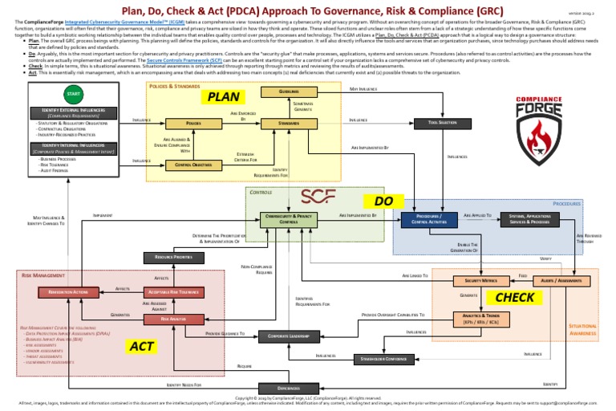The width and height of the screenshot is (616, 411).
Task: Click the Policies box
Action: coord(192,124)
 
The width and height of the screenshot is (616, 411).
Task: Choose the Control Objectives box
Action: coord(192,165)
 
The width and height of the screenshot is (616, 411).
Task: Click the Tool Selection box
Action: coord(444,123)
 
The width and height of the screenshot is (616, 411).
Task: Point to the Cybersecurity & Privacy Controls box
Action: coord(283,219)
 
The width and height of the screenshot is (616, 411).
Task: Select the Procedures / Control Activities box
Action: coord(429,219)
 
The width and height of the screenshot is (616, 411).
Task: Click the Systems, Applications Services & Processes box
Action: coord(529,219)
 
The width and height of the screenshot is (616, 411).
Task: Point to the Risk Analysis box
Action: coord(173,319)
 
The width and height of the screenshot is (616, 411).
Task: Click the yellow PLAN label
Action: coord(224,97)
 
